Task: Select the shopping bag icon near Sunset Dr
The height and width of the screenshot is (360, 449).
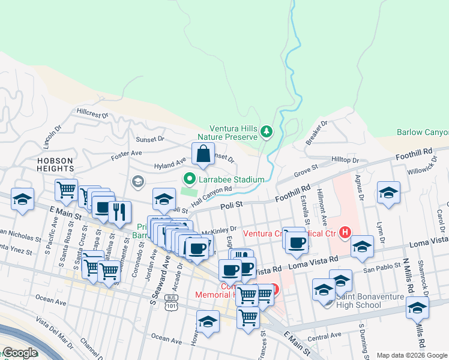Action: [203, 154]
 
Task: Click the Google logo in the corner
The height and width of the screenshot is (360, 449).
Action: [19, 353]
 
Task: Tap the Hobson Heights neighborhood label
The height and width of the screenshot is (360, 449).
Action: [55, 165]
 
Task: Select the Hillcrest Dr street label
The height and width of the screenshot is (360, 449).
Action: [92, 112]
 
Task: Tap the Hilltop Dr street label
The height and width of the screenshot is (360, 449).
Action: [345, 160]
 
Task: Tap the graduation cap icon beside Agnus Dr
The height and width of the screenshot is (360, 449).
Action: [388, 194]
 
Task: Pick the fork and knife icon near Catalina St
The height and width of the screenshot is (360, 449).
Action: [119, 212]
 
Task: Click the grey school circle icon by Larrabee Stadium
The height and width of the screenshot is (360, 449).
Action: [137, 181]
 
